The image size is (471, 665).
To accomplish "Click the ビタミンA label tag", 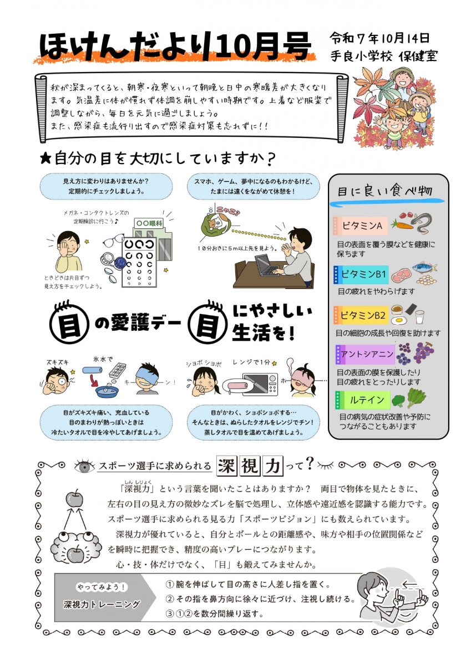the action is (x=361, y=226).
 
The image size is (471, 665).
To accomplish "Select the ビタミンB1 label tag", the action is (x=361, y=274).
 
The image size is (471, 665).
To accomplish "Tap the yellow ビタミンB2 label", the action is (x=361, y=315).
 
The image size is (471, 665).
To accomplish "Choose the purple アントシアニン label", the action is (x=365, y=354).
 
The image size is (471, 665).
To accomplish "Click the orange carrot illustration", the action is (x=402, y=224).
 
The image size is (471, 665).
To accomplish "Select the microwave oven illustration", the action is (x=260, y=384).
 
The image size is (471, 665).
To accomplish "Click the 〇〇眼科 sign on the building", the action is (x=149, y=223).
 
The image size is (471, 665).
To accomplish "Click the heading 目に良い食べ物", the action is (x=385, y=191).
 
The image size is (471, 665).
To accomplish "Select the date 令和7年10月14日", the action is (x=379, y=38).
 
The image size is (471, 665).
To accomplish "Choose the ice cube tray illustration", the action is (x=117, y=371).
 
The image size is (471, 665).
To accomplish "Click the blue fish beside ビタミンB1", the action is (x=424, y=267).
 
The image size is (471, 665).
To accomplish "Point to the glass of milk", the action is (x=420, y=317).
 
